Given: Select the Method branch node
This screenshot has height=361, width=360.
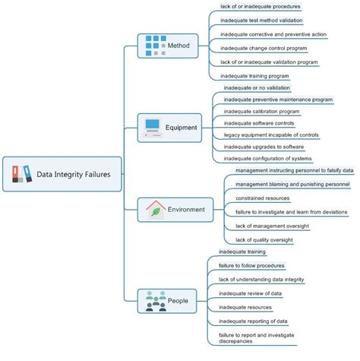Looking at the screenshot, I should point(168,46).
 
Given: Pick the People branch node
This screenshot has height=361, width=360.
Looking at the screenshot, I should point(169,300).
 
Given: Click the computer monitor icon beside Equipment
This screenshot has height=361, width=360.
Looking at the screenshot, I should point(152,128).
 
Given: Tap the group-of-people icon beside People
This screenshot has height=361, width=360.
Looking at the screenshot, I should point(156,300).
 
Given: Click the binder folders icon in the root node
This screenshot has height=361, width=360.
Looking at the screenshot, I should point(22,174).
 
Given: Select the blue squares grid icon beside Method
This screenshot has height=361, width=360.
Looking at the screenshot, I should point(155,45).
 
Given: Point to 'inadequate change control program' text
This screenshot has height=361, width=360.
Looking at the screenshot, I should point(264,48).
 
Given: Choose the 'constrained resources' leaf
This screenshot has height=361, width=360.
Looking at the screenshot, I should point(261,198).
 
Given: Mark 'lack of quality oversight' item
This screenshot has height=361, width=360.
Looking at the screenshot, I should point(264,239).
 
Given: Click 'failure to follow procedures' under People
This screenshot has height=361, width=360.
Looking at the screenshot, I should point(251,265).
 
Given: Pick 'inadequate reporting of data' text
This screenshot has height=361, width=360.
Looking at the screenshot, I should point(253,321).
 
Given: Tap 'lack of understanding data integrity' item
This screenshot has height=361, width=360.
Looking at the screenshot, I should point(262,279).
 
